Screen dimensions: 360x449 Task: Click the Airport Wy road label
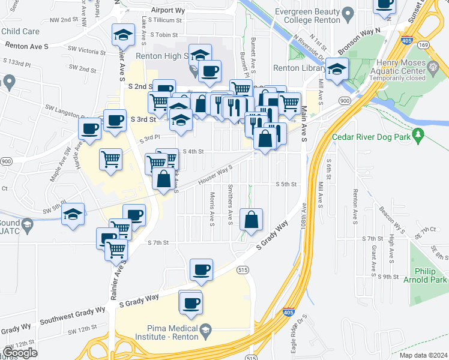167,10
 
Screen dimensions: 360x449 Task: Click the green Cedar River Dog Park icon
419,133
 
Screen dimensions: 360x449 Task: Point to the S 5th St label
286,184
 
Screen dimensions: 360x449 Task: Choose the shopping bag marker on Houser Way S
163,178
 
